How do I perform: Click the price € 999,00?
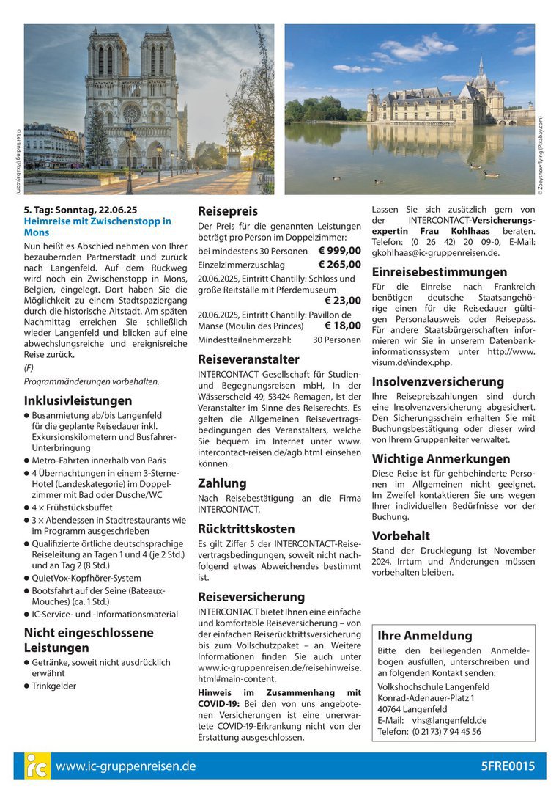tap(340, 251)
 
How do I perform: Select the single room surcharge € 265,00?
tap(340, 265)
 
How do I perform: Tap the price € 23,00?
tap(343, 300)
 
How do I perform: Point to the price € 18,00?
tap(343, 326)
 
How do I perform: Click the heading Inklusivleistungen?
tap(78, 400)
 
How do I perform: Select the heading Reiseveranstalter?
tap(248, 359)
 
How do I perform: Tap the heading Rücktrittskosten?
tap(246, 529)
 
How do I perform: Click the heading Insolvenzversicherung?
tap(437, 381)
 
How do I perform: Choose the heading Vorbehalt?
tap(401, 535)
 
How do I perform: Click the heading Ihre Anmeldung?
tap(424, 635)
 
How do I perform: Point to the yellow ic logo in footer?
tap(37, 766)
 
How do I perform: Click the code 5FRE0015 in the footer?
tap(508, 766)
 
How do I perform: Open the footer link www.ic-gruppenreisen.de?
tap(125, 766)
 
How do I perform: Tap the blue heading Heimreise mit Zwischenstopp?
tap(97, 227)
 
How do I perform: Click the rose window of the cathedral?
tap(132, 112)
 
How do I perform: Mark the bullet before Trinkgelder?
tap(27, 686)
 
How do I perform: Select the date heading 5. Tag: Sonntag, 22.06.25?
tap(81, 209)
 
